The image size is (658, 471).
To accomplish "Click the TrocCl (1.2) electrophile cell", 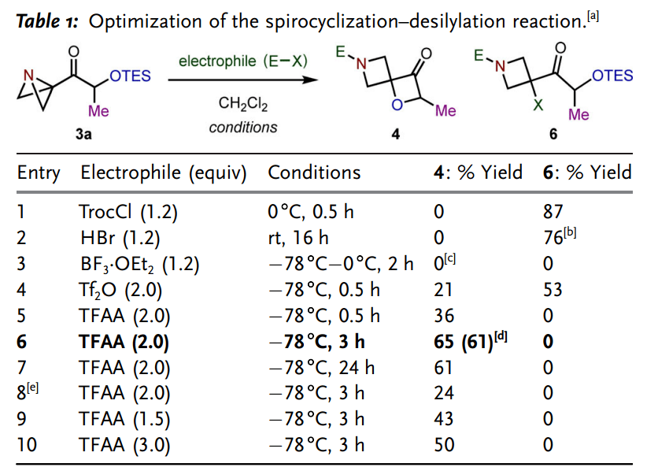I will coord(128,212).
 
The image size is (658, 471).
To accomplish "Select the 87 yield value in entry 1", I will coord(553,212).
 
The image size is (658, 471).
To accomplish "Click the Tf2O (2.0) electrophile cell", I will coord(120,290).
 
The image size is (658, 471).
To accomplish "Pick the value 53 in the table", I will coord(553,290).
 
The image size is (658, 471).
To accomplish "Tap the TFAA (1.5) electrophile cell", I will coord(124,420).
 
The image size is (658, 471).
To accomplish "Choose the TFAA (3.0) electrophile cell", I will coord(124,445).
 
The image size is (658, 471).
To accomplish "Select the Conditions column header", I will coord(314,172).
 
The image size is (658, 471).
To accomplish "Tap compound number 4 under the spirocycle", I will coord(396,135).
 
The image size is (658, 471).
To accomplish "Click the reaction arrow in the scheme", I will coord(243,80).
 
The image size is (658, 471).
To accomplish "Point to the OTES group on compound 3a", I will coord(130,76).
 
